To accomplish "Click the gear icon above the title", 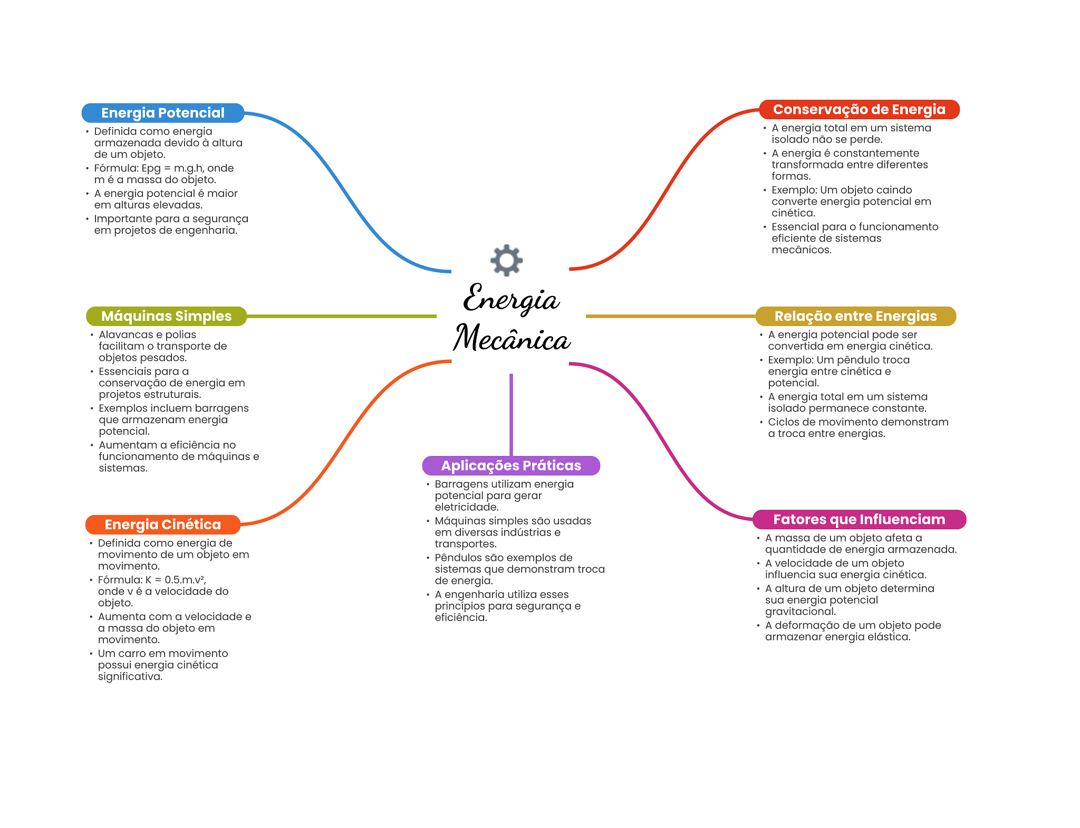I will tap(506, 260).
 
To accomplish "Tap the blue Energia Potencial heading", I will tap(162, 113).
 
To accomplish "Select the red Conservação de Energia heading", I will tap(859, 110).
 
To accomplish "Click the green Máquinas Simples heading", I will tap(166, 316).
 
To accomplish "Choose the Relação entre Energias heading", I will tap(855, 316).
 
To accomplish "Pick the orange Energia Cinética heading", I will tap(162, 525).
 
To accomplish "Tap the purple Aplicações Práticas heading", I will tap(510, 465).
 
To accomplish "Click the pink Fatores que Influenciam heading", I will tap(859, 519).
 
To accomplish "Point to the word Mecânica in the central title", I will tap(512, 338).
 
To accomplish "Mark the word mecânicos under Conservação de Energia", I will tap(801, 250).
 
